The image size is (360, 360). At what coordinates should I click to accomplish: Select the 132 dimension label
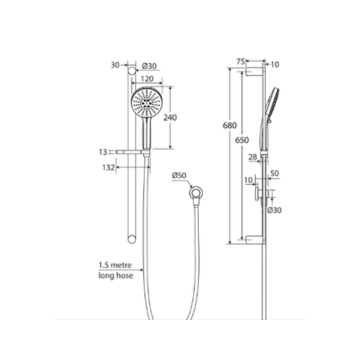point(108,169)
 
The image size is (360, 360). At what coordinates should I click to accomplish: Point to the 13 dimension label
point(104,152)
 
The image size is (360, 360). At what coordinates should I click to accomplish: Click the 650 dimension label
point(241,141)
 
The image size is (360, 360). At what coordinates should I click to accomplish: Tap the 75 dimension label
point(241,62)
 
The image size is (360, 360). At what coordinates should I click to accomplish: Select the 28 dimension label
point(252,156)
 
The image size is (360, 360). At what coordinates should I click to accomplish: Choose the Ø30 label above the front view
point(148,66)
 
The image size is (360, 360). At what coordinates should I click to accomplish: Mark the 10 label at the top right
point(275,62)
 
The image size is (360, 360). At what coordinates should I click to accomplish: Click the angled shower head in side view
point(273,104)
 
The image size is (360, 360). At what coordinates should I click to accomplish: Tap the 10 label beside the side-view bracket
point(249,180)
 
